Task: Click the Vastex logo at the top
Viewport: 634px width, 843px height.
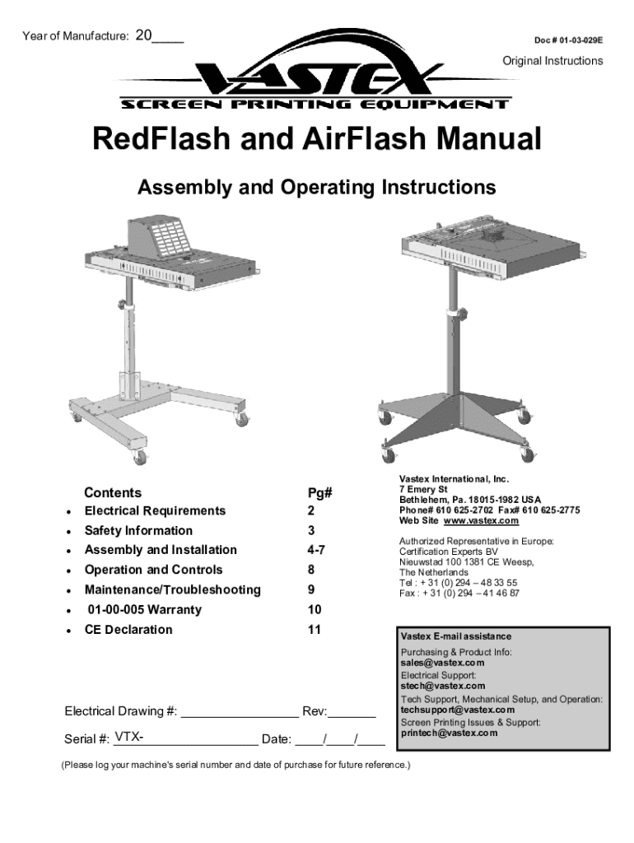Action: [316, 78]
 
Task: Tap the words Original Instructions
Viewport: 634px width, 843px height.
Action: [552, 61]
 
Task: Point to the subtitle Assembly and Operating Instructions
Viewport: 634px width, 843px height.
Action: [316, 188]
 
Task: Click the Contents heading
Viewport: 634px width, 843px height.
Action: [113, 492]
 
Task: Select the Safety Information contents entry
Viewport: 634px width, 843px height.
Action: [138, 530]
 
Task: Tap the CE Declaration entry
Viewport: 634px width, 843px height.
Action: [128, 630]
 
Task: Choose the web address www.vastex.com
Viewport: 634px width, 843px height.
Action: [482, 521]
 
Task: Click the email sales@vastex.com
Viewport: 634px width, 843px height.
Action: [442, 662]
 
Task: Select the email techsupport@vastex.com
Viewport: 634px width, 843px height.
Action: [458, 710]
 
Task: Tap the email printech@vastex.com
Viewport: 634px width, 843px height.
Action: [449, 733]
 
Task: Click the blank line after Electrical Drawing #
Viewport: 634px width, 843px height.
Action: [240, 712]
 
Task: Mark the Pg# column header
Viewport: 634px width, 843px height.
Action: [320, 492]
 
